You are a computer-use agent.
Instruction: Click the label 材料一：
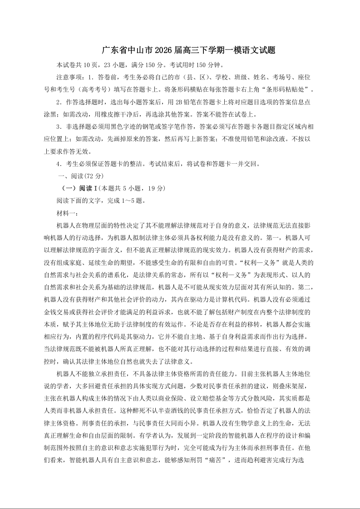point(67,212)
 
